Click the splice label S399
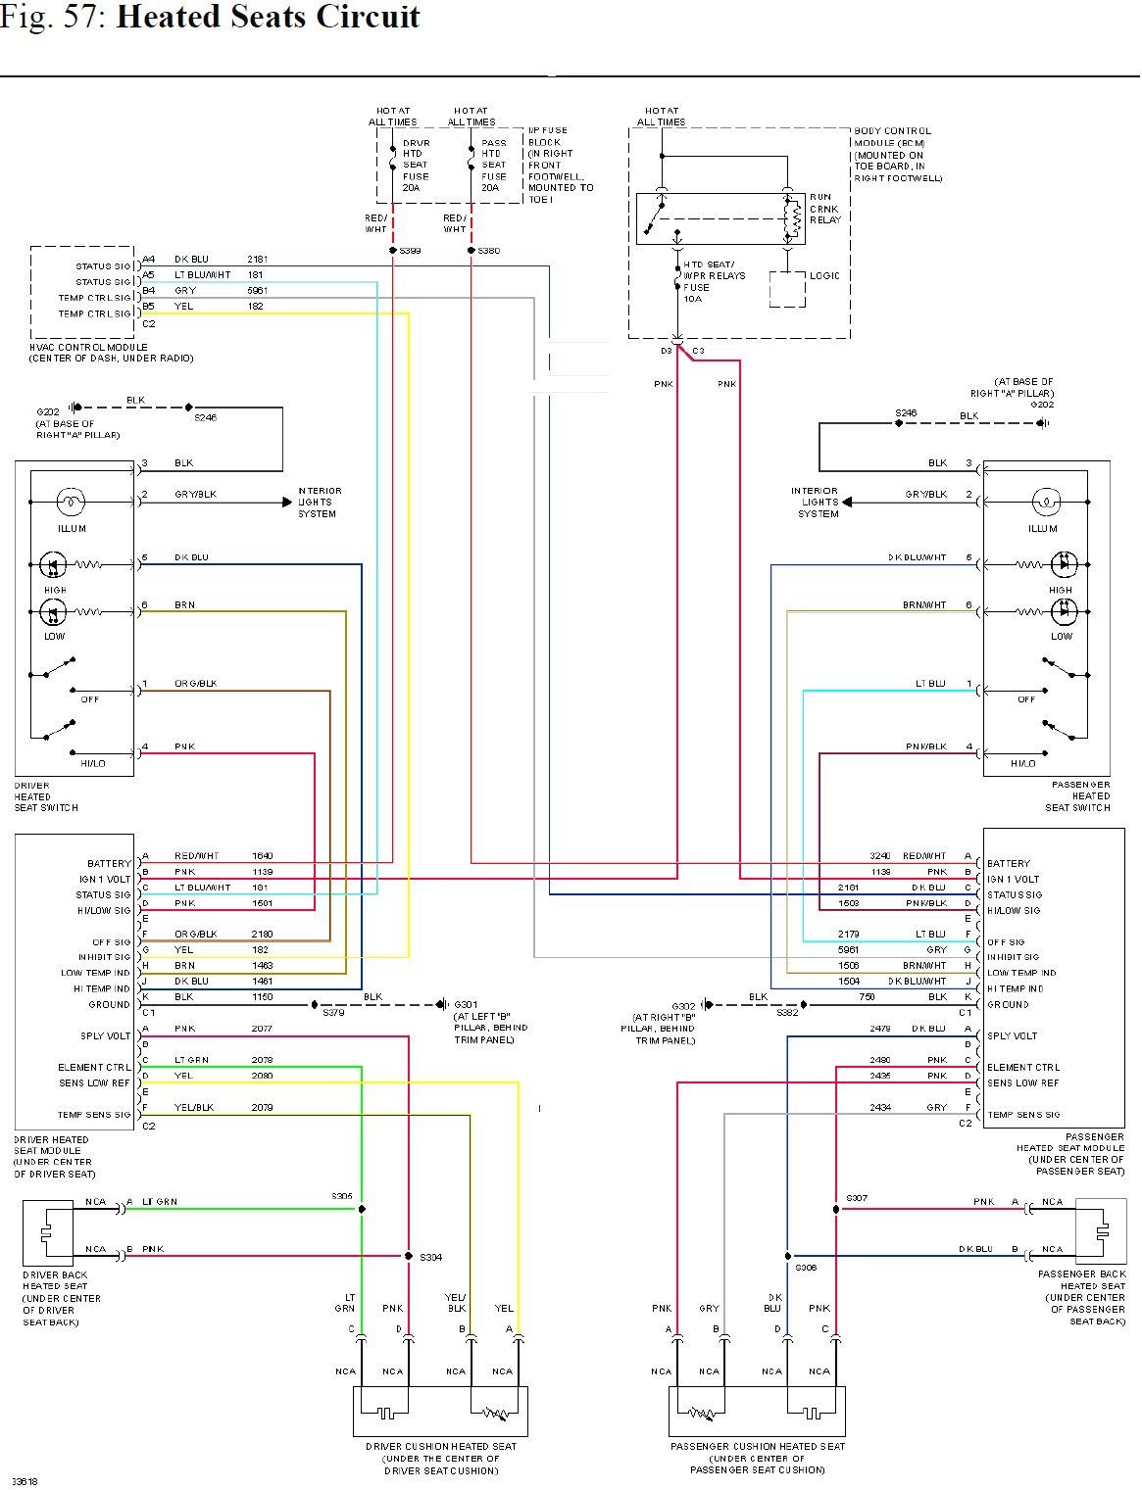pos(410,251)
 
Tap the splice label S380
pos(488,251)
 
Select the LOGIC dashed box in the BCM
pos(788,289)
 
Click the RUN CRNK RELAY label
pos(825,209)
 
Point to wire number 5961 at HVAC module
pos(256,291)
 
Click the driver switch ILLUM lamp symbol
pos(71,503)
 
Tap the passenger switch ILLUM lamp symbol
pos(1045,503)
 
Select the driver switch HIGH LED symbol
pos(52,564)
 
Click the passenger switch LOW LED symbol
pos(1064,612)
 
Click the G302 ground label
pos(683,1006)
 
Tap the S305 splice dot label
pos(341,1196)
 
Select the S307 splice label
pos(856,1198)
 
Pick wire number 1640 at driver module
pos(263,856)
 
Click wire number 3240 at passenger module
pos(879,856)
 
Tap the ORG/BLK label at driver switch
pos(195,684)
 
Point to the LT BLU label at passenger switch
pos(930,684)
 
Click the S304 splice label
pos(431,1258)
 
